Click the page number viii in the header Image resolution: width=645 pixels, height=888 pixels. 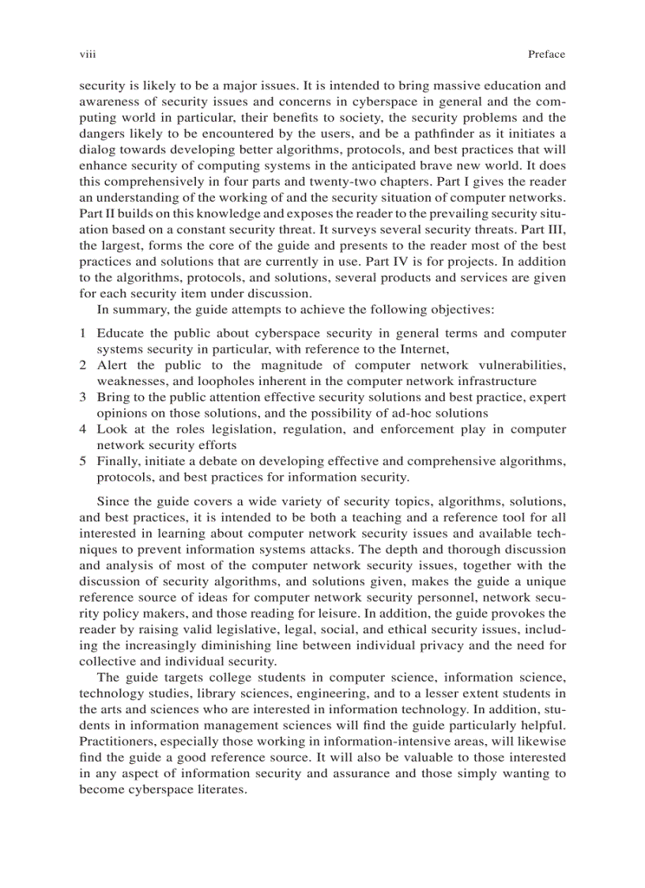coord(87,55)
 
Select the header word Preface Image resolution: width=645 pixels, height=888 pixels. coord(546,55)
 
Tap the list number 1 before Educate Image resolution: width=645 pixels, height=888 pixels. coord(83,334)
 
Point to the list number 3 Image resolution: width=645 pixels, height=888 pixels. coord(83,397)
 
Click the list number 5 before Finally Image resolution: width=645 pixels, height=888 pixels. coord(83,461)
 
